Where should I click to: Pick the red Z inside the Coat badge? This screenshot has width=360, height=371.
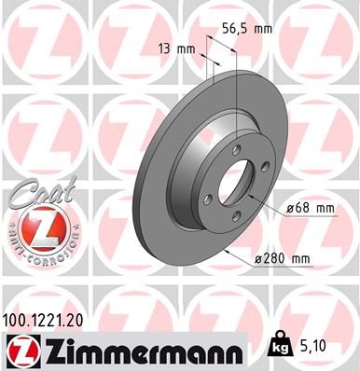point(35,227)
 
